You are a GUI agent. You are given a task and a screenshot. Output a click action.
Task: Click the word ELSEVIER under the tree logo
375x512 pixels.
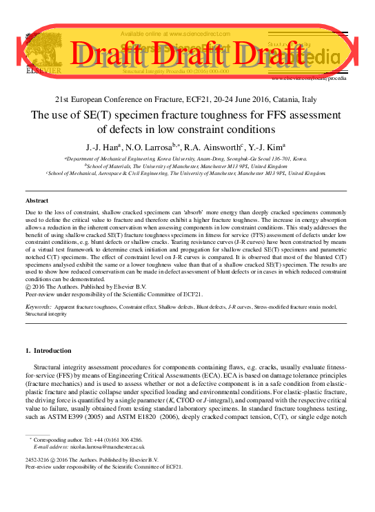pos(43,70)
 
